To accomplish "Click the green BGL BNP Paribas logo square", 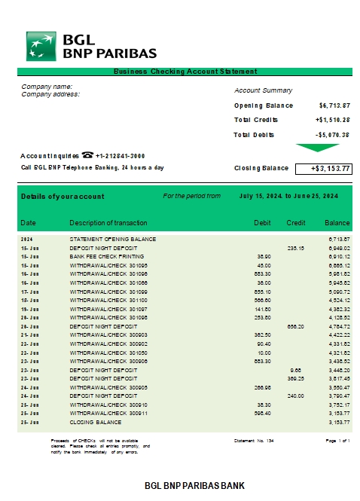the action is pyautogui.click(x=42, y=46).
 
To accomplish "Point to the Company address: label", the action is pyautogui.click(x=50, y=94).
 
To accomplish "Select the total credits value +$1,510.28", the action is pyautogui.click(x=332, y=120).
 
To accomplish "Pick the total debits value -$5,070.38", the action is pyautogui.click(x=332, y=135).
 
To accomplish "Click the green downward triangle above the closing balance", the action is pyautogui.click(x=312, y=148).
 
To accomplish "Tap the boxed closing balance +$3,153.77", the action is pyautogui.click(x=322, y=168).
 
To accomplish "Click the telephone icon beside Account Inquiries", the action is pyautogui.click(x=87, y=154).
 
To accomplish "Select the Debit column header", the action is pyautogui.click(x=262, y=223).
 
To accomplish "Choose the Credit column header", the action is pyautogui.click(x=295, y=223).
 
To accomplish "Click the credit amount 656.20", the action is pyautogui.click(x=295, y=326).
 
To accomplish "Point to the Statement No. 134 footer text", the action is pyautogui.click(x=254, y=440).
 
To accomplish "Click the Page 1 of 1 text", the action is pyautogui.click(x=337, y=440).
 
